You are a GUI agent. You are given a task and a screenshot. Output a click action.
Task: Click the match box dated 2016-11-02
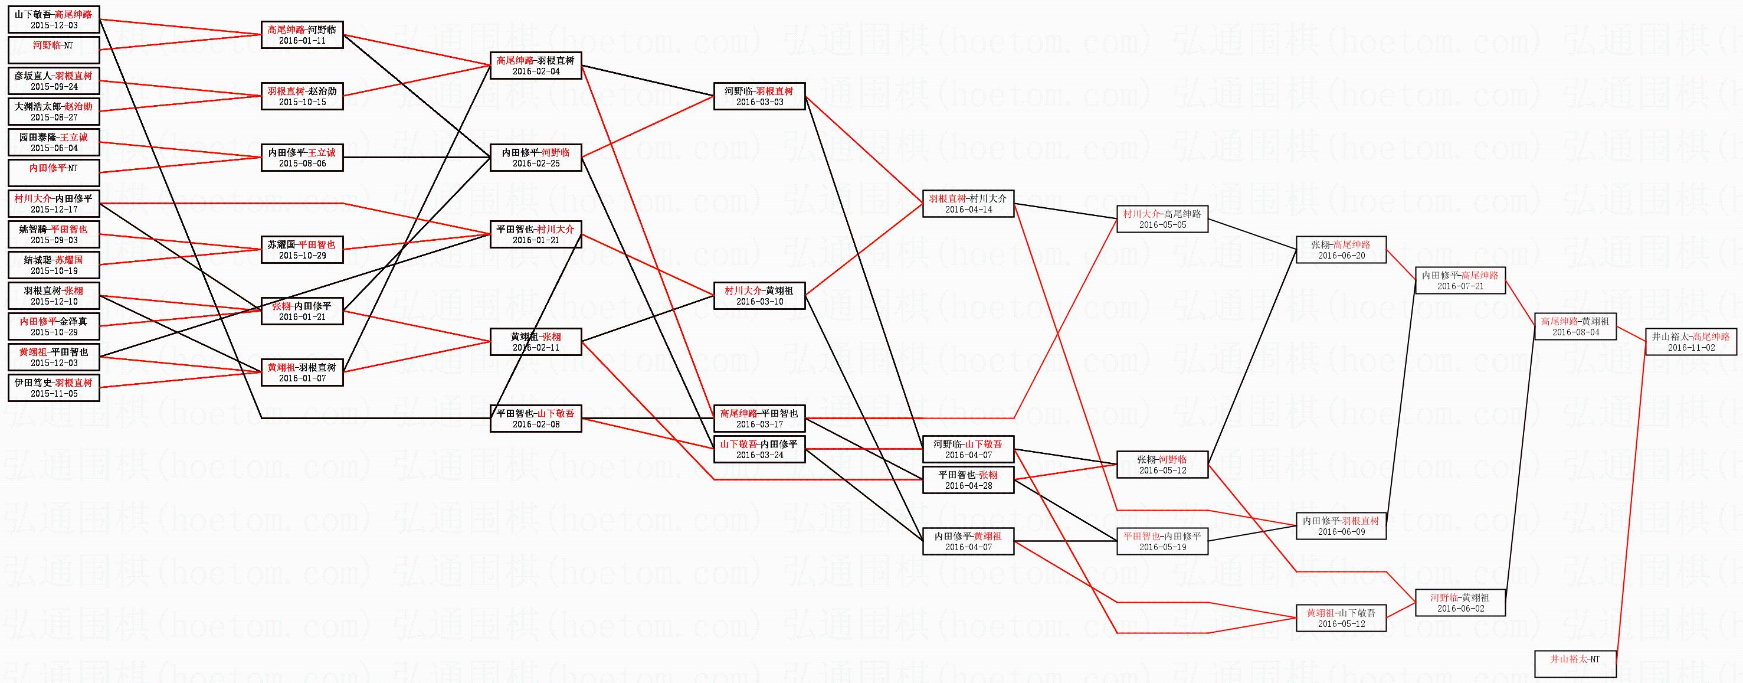click(x=1690, y=342)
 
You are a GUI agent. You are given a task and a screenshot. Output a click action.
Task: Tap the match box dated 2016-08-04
click(x=1575, y=326)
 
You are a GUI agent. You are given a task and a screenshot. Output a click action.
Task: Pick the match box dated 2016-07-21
click(x=1460, y=280)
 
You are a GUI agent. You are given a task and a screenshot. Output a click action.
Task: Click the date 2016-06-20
click(x=1341, y=256)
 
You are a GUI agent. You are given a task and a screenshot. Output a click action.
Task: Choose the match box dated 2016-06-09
click(x=1341, y=526)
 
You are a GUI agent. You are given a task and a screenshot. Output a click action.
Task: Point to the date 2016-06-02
click(x=1460, y=609)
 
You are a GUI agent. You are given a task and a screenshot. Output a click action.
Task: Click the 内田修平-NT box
click(x=54, y=172)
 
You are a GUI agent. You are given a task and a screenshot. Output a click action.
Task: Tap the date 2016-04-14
click(x=968, y=210)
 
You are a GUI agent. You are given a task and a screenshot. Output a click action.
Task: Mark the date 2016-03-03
click(x=759, y=102)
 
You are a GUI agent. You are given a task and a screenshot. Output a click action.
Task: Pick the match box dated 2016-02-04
click(x=535, y=66)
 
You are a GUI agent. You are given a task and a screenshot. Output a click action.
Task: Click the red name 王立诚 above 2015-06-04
click(x=73, y=137)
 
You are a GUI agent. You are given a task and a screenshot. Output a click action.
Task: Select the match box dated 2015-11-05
click(x=54, y=388)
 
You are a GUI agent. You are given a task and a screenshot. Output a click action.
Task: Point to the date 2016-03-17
click(x=759, y=424)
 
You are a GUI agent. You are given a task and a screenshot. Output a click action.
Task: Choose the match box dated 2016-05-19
click(x=1162, y=541)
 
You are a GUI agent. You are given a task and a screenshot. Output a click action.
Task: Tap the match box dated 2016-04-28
click(x=968, y=480)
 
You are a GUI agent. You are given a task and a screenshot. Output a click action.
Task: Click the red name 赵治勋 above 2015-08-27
click(x=78, y=106)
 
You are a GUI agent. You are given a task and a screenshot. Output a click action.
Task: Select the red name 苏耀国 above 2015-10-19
click(x=69, y=260)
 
